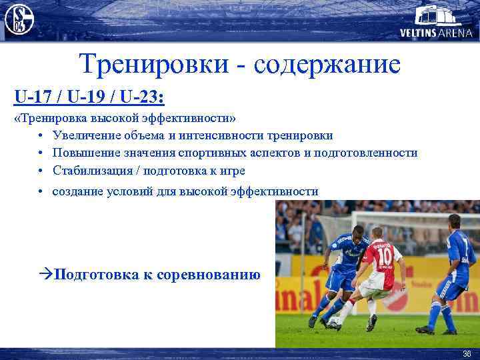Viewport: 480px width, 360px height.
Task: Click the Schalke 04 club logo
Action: click(19, 19)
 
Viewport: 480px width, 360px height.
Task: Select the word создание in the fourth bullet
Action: click(79, 191)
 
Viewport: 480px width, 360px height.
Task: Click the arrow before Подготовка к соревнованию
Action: click(46, 274)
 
